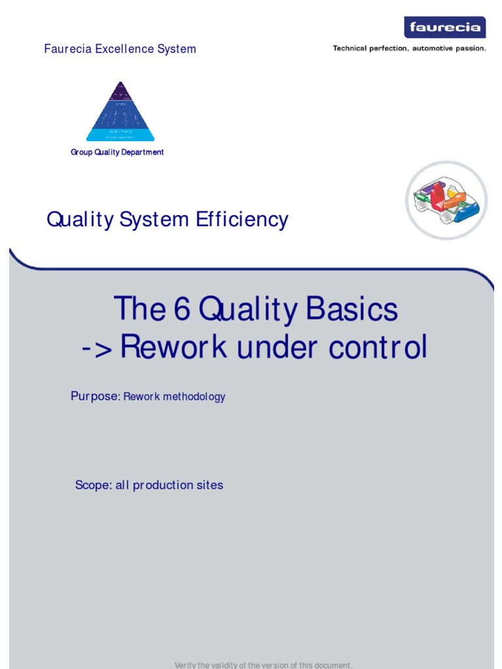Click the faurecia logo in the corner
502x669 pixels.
(444, 27)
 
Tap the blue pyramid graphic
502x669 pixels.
(120, 112)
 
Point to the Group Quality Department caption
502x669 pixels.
(117, 152)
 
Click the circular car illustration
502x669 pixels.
(446, 200)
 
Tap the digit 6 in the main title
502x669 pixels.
(181, 308)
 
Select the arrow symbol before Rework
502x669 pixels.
(97, 348)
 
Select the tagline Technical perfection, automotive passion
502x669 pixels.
(409, 48)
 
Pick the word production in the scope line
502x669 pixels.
(163, 485)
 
